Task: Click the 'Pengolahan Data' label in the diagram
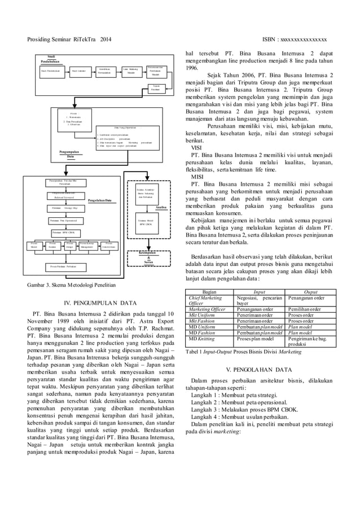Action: point(99,200)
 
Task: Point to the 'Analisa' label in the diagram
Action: point(160,207)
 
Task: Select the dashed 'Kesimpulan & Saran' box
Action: point(146,257)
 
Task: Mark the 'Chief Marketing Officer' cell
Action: point(206,300)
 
